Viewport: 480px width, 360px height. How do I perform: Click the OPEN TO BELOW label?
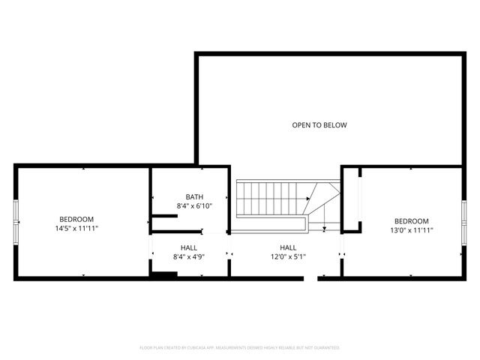[319, 125]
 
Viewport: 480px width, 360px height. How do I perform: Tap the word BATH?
[194, 197]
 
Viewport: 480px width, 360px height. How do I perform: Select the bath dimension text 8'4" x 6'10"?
[194, 206]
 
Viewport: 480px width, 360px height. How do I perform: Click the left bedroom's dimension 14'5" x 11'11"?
[77, 228]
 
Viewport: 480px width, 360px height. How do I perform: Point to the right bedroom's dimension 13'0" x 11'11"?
[412, 230]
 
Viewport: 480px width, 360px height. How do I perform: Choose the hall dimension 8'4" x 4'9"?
[189, 256]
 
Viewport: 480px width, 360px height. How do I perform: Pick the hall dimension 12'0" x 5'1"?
[288, 256]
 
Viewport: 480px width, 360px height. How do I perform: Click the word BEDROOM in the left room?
[77, 220]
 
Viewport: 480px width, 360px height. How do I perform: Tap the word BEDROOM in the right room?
[412, 221]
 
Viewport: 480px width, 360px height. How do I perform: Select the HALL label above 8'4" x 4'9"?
[189, 247]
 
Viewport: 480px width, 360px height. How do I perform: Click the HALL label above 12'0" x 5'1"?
[288, 247]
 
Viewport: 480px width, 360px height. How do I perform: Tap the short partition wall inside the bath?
[164, 217]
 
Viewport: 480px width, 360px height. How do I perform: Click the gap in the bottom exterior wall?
[310, 278]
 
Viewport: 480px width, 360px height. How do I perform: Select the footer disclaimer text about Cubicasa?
[240, 348]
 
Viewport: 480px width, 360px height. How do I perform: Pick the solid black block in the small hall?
[163, 274]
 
